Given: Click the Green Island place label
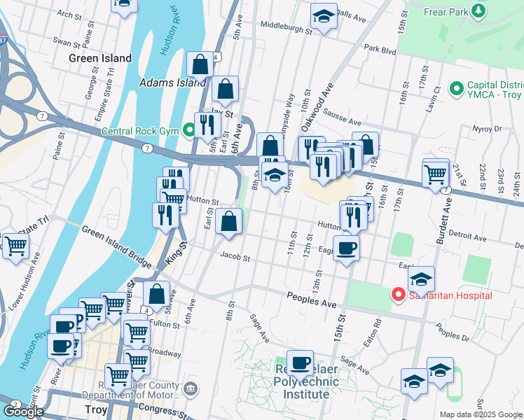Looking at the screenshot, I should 100,58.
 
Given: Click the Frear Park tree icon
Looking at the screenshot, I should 478,11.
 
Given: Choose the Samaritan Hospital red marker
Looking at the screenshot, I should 398,295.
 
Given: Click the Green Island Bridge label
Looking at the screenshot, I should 116,246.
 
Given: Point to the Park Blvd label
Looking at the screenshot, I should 380,49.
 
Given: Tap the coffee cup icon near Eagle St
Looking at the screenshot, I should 345,248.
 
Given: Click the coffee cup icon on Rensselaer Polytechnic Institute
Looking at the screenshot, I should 300,363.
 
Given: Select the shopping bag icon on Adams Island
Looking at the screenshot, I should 200,65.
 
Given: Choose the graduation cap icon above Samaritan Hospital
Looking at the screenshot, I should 422,279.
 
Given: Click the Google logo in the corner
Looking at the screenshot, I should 22,412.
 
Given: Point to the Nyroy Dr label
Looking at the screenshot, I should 504,129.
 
